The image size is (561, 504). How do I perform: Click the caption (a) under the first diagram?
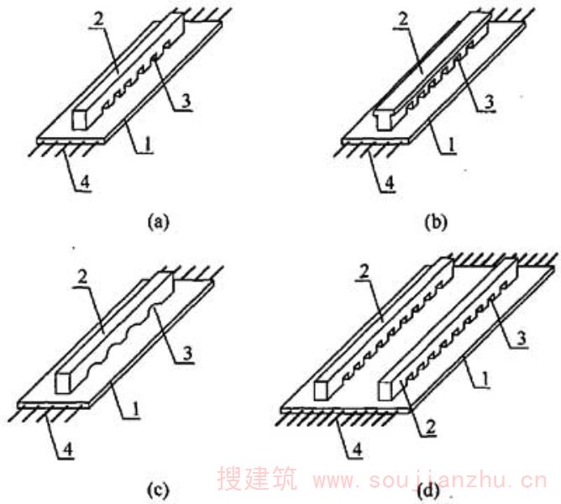tap(158, 223)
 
